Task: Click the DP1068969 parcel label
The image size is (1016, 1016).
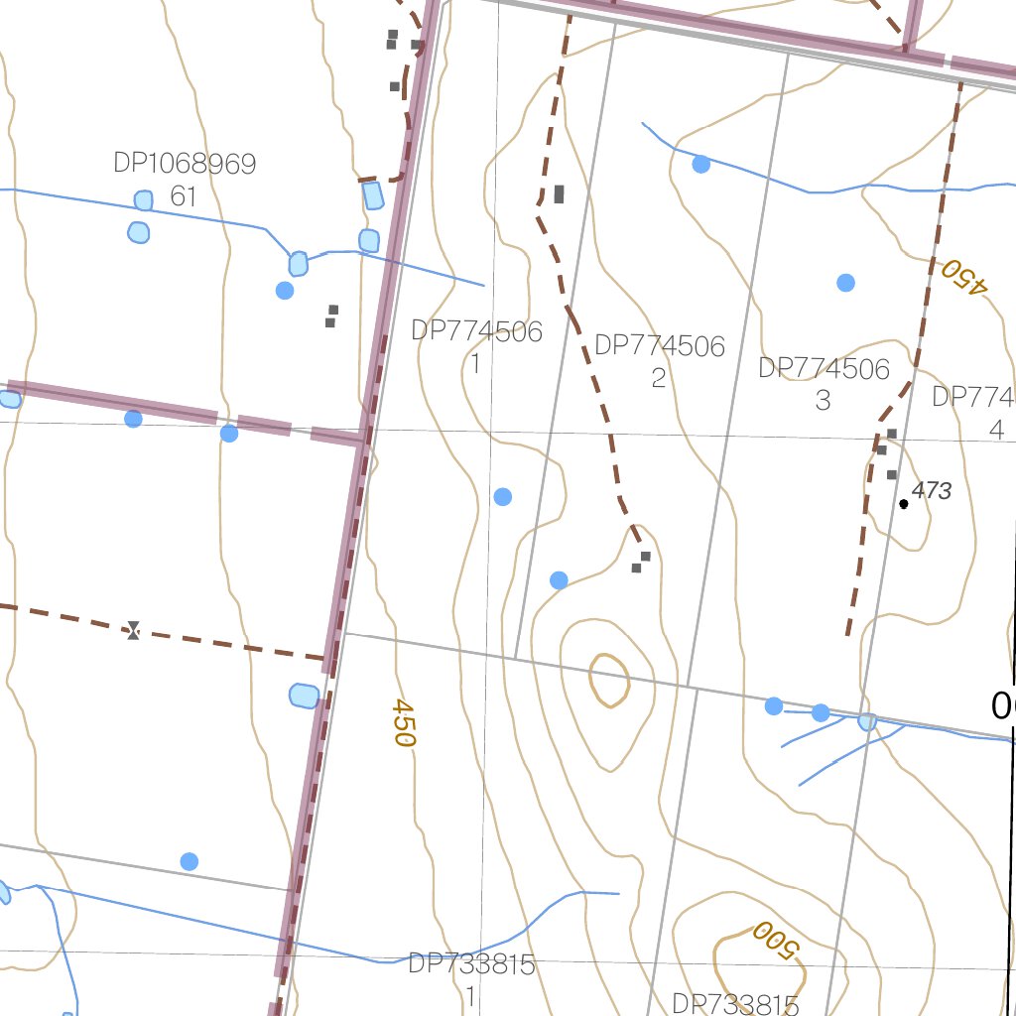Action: [x=185, y=164]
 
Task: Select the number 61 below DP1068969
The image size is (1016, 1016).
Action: [x=184, y=196]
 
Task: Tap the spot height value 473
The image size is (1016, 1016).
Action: [x=932, y=490]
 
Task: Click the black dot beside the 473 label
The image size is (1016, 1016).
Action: [x=903, y=504]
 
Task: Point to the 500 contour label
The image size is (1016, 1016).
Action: [x=774, y=939]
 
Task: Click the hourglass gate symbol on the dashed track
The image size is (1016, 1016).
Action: [x=133, y=629]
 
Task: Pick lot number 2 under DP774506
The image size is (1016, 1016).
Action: [x=659, y=378]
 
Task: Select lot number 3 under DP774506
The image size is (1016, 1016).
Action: [x=823, y=400]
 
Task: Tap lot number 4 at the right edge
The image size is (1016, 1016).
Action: [x=996, y=430]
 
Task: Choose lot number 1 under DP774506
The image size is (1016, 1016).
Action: [x=475, y=364]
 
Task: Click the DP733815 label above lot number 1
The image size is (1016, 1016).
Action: [x=472, y=964]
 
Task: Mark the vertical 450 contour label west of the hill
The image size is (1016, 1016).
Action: [x=402, y=721]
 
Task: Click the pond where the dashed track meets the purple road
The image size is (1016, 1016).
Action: [x=304, y=696]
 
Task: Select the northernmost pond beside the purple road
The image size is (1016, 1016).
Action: [x=373, y=195]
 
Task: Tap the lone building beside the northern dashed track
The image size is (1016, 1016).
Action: [x=559, y=194]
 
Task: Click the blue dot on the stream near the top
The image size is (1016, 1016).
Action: [x=701, y=164]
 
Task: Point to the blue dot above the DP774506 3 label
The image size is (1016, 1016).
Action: [x=845, y=283]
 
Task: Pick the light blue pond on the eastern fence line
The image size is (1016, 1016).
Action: [x=867, y=721]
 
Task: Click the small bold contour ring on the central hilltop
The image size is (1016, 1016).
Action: [x=609, y=681]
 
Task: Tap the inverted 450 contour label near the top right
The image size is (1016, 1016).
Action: [x=965, y=276]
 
